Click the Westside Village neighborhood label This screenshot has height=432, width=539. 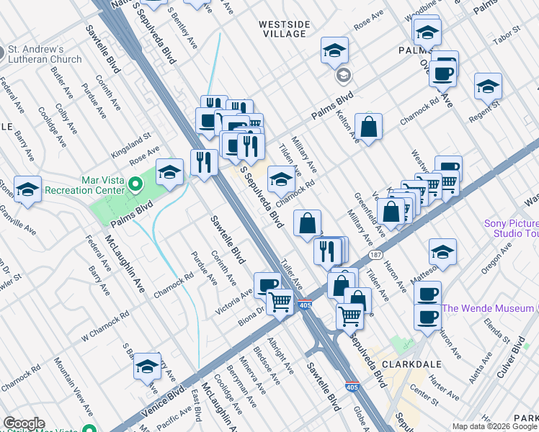[284, 30]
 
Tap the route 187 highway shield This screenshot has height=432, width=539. [375, 255]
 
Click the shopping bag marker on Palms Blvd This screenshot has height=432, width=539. [368, 127]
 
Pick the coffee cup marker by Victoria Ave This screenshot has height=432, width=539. [267, 284]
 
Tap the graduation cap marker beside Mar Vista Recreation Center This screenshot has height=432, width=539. [169, 172]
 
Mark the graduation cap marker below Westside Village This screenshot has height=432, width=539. [334, 50]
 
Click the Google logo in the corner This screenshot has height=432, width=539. [24, 423]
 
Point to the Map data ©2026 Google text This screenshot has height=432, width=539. [494, 426]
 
